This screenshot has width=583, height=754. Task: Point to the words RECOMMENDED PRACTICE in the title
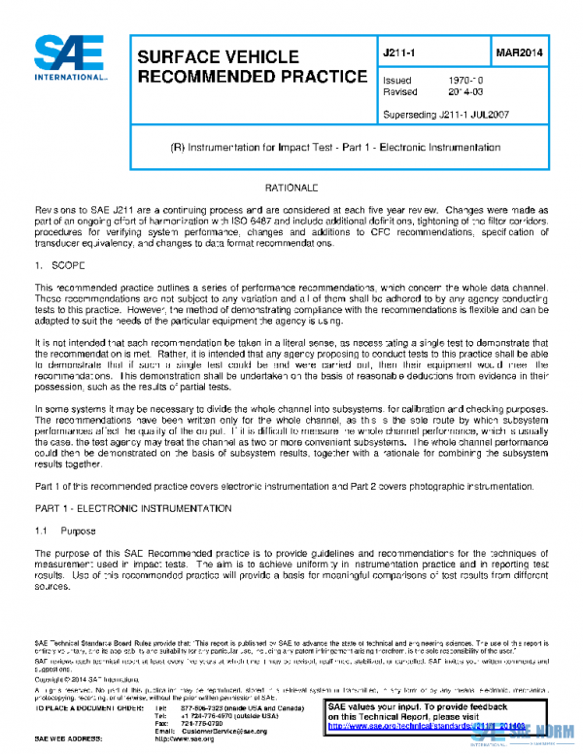[252, 77]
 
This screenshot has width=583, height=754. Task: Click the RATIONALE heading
[291, 186]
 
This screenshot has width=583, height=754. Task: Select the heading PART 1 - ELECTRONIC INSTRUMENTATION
[133, 508]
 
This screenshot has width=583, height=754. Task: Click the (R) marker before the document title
[178, 148]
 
